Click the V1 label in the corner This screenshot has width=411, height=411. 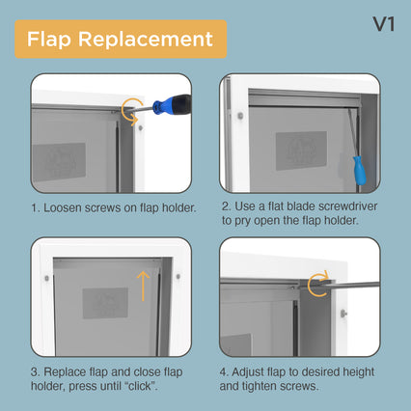(383, 24)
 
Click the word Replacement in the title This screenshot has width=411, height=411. (146, 40)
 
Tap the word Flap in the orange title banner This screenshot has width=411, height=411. (49, 40)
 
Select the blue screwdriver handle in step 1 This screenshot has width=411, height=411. (172, 103)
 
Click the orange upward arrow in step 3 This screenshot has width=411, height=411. (143, 286)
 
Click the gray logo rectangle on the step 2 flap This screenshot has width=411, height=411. (301, 151)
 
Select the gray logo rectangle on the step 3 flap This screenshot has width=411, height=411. (105, 303)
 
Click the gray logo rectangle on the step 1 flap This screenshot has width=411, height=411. (59, 162)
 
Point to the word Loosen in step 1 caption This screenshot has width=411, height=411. (63, 207)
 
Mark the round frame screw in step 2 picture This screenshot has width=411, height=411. (240, 115)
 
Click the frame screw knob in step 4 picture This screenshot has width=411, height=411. (343, 313)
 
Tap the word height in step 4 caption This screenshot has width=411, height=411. (358, 372)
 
